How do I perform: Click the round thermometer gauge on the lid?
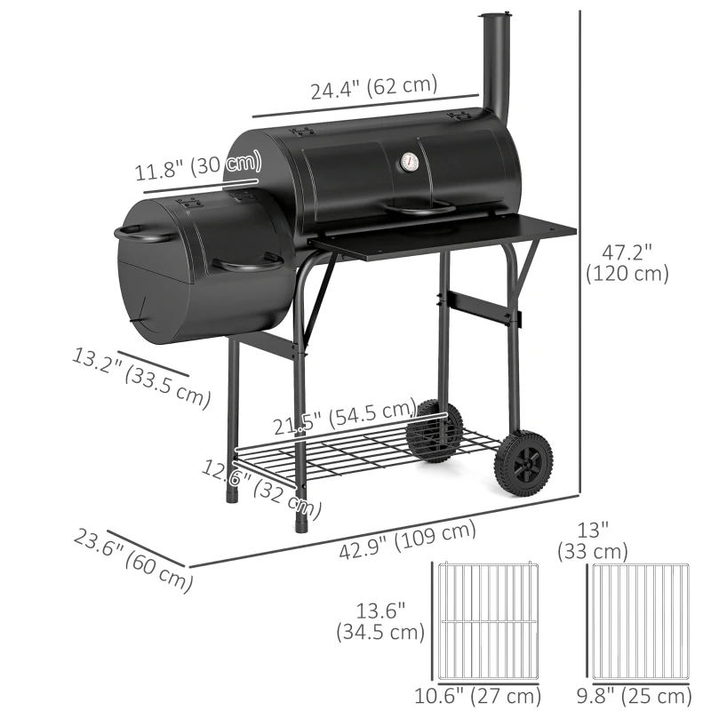click(x=410, y=163)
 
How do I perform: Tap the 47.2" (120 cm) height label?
click(x=627, y=263)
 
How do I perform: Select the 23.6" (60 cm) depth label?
click(x=133, y=560)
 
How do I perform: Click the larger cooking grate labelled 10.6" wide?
click(x=483, y=621)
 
